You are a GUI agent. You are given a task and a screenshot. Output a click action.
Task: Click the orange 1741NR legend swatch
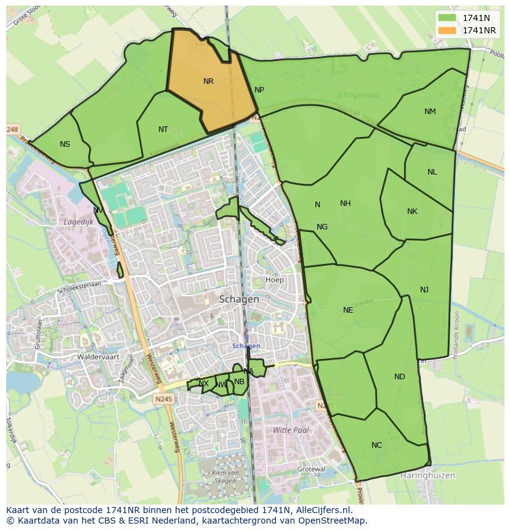448,30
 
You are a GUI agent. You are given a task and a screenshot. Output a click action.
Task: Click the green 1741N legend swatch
448,18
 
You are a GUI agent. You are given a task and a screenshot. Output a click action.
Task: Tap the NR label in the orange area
208,81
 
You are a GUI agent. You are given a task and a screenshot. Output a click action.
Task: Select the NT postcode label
163,130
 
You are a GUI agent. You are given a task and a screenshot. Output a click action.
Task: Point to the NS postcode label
65,144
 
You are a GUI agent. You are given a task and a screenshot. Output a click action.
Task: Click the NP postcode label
259,90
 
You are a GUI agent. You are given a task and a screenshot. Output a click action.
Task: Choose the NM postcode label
430,112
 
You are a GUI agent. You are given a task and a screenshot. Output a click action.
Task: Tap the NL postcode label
432,172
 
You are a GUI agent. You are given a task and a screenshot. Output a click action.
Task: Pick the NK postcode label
412,212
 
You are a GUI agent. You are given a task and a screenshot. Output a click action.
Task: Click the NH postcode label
345,204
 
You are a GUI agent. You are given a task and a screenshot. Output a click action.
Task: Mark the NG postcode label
322,227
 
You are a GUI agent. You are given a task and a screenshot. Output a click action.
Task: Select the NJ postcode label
424,290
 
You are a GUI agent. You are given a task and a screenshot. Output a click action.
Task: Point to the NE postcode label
348,310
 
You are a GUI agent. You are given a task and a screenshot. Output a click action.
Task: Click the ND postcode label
400,377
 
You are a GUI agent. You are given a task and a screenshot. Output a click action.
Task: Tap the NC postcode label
376,445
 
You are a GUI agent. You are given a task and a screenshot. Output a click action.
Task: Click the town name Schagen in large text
239,299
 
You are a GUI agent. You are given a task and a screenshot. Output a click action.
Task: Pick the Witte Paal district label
291,430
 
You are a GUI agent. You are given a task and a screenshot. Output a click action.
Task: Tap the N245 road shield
164,399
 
